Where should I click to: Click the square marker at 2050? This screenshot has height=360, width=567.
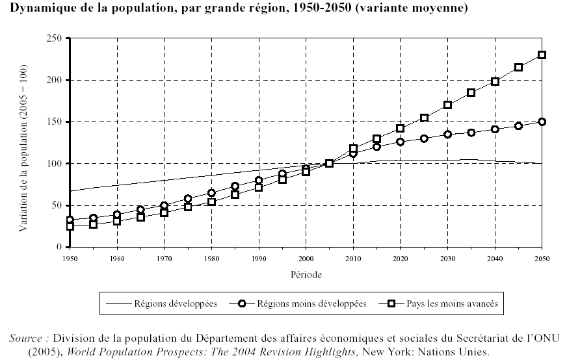point(542,55)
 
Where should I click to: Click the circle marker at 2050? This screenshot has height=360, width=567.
point(542,122)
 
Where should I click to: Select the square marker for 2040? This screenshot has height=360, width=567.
point(495,81)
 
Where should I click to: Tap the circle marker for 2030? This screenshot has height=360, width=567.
point(447,135)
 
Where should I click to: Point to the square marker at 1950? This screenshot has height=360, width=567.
point(70,227)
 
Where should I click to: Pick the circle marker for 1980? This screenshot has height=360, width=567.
point(211,193)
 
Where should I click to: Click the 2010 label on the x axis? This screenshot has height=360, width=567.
point(353,259)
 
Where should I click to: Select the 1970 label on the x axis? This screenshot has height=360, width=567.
point(165,259)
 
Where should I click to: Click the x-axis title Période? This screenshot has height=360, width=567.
point(306,274)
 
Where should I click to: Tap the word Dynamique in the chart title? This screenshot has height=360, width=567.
point(41,10)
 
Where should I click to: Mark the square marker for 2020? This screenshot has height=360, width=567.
point(401,128)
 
